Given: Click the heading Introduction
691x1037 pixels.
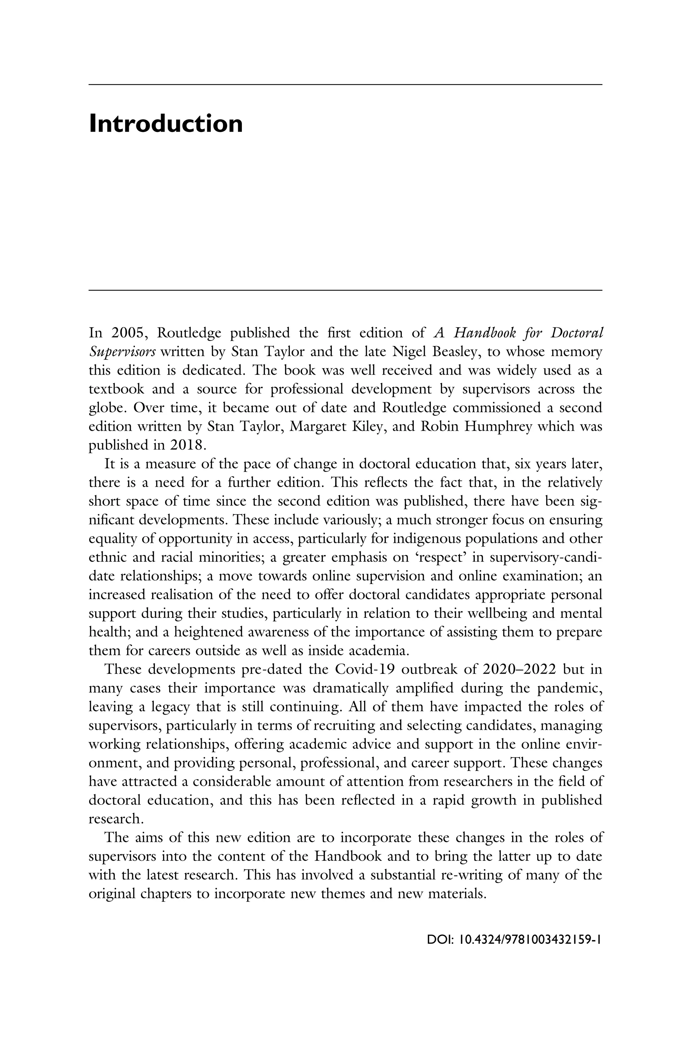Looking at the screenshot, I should click(x=166, y=124).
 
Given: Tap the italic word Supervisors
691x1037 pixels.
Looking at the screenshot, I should click(x=122, y=351).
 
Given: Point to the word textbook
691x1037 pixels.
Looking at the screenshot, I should click(x=116, y=389).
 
